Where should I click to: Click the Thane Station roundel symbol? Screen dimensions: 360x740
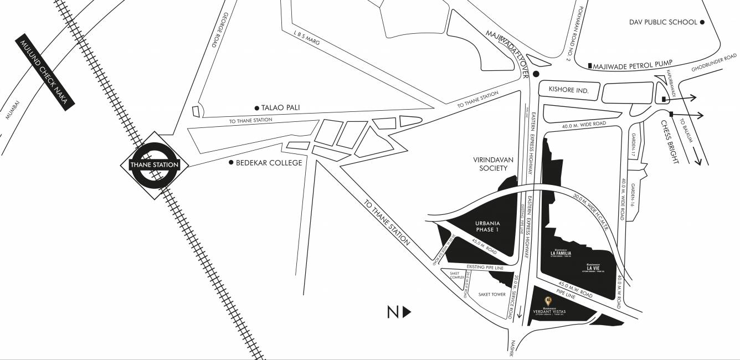tap(154, 164)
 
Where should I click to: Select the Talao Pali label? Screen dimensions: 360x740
tap(280, 107)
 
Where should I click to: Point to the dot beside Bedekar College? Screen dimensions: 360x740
tap(232, 163)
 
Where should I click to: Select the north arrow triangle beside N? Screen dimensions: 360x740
tap(407, 312)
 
